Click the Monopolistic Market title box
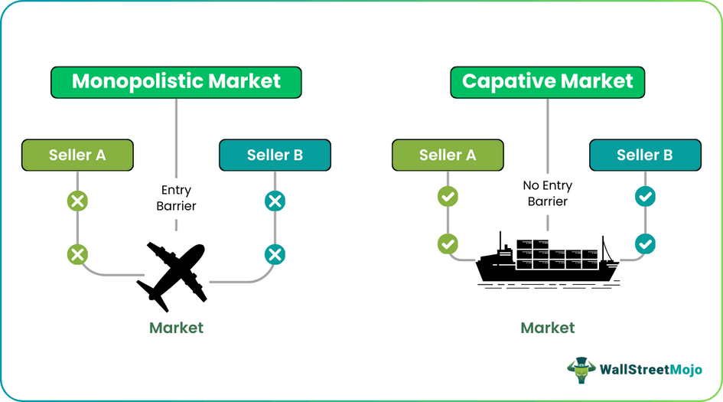tap(176, 82)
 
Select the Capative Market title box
tap(547, 82)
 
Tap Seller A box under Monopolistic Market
tap(77, 155)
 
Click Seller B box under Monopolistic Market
tap(275, 155)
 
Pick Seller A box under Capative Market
tap(448, 155)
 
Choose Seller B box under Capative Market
tap(645, 155)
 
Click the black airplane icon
tap(172, 272)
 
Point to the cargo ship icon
tap(547, 260)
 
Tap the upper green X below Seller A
tap(77, 201)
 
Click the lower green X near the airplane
tap(77, 253)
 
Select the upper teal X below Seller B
tap(275, 201)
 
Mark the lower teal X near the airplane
tap(275, 253)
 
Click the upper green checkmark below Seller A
tap(448, 197)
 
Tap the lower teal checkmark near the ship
tap(645, 244)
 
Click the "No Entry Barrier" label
tap(547, 193)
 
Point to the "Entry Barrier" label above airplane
tap(177, 198)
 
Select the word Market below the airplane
tap(176, 328)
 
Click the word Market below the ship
tap(547, 328)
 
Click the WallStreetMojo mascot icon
tap(581, 368)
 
